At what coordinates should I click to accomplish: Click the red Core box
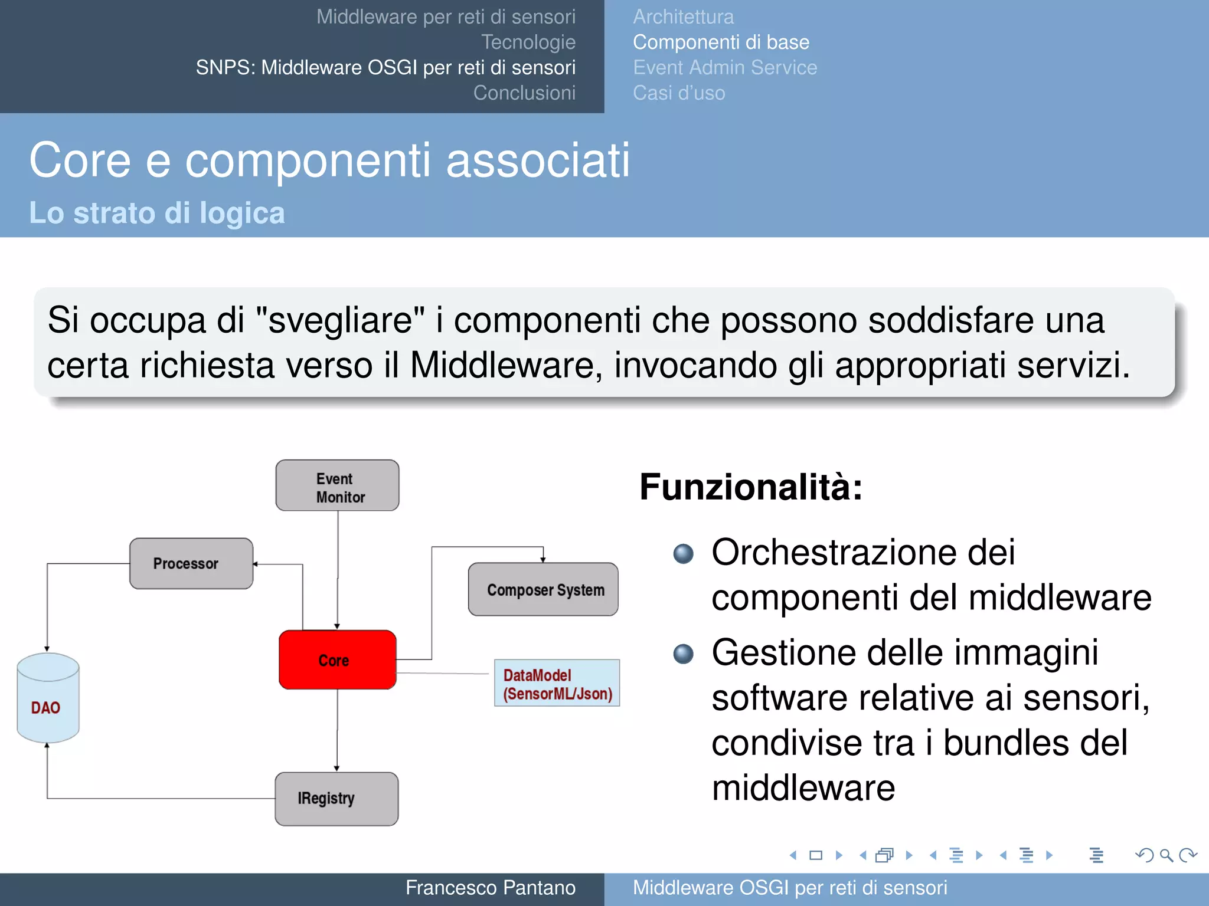pos(337,659)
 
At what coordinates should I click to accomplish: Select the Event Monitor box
pos(337,485)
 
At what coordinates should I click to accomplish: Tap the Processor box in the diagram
pos(191,563)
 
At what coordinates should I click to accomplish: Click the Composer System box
pos(543,589)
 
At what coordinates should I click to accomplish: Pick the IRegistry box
pos(336,799)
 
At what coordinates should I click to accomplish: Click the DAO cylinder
pos(48,699)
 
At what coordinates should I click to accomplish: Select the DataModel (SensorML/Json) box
pos(557,683)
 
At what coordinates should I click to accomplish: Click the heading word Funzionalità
pos(750,487)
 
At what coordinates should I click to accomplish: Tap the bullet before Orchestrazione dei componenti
pos(684,553)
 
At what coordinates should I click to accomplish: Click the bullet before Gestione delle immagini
pos(684,654)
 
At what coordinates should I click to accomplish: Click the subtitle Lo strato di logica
pos(157,213)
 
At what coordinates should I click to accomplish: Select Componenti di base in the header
pos(721,42)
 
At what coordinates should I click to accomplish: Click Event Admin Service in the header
pos(725,68)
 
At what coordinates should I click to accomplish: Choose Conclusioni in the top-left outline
pos(524,93)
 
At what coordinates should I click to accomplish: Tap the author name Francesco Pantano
pos(490,888)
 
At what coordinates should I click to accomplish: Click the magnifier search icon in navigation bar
pos(1166,855)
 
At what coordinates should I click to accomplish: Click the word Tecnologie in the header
pos(528,42)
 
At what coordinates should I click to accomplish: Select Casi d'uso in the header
pos(679,93)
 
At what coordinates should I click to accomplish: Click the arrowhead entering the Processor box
pos(256,564)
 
